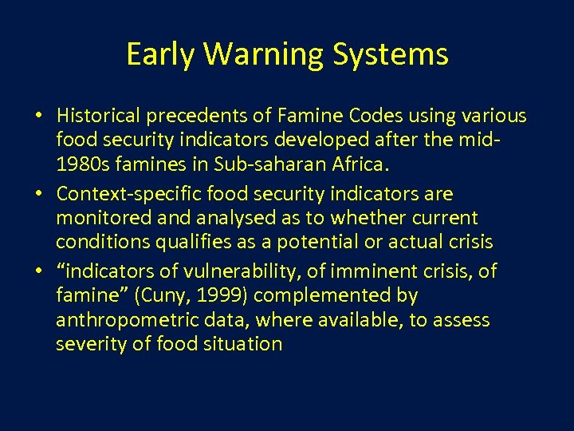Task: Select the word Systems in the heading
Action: tap(391, 54)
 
